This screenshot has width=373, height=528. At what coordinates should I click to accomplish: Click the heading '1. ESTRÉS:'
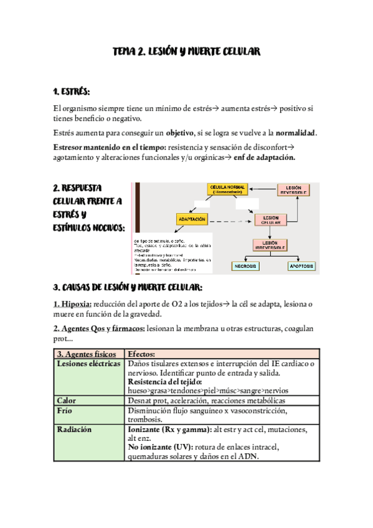(x=72, y=92)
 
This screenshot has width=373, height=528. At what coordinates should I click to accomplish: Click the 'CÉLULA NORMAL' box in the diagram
(x=227, y=189)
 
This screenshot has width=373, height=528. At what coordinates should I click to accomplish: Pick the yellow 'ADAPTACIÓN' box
(x=192, y=219)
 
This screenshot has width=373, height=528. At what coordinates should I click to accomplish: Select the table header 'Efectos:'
(x=142, y=354)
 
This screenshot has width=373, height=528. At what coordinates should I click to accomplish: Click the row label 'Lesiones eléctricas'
(x=88, y=363)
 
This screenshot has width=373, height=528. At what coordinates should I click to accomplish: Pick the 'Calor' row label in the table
(x=66, y=400)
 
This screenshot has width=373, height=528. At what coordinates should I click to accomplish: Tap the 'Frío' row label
(x=65, y=410)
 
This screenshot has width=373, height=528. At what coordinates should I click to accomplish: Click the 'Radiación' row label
(x=73, y=430)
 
